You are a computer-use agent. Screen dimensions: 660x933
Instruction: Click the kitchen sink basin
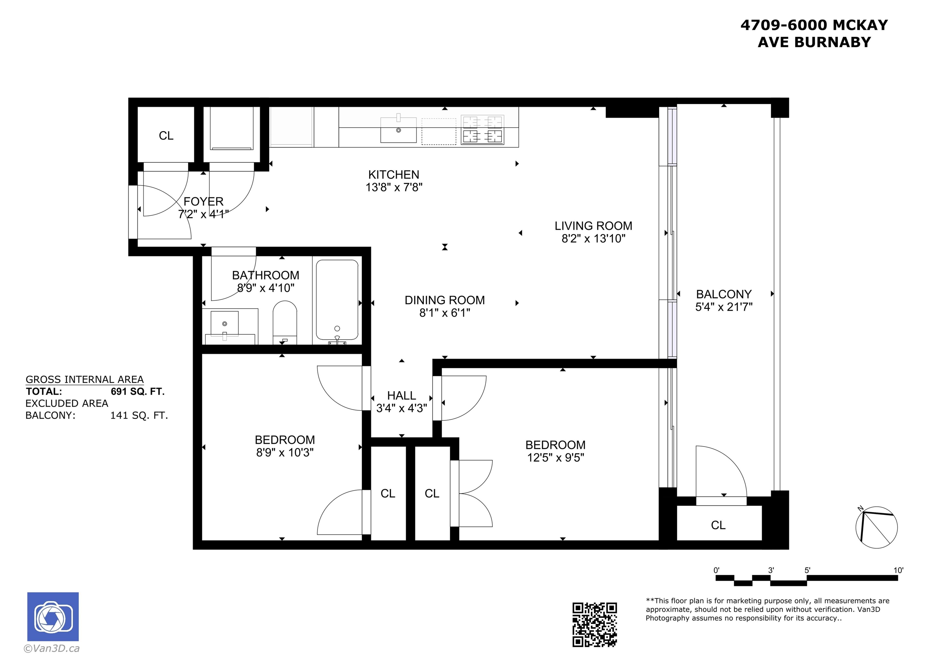[398, 130]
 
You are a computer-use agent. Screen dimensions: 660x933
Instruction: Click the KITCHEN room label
[393, 175]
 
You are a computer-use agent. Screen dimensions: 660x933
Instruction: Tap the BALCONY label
[724, 294]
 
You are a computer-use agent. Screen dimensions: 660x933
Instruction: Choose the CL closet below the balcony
[718, 525]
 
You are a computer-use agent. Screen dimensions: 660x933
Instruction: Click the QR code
[595, 625]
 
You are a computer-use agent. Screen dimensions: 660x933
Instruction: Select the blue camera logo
[53, 616]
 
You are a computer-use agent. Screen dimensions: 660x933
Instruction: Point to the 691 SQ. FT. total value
[137, 392]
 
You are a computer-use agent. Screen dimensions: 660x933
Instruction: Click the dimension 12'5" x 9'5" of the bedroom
[555, 458]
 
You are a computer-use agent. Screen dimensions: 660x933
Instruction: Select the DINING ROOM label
[445, 300]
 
